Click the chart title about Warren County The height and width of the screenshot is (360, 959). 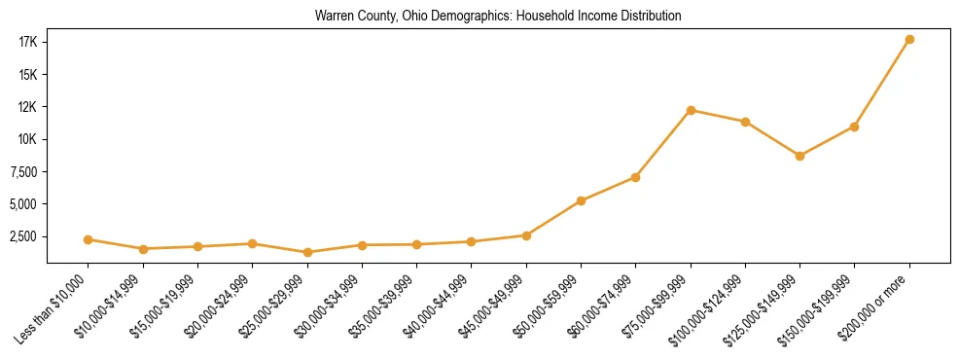click(x=498, y=17)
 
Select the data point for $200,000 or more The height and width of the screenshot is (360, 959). click(x=909, y=40)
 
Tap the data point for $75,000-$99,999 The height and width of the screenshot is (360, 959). click(x=691, y=110)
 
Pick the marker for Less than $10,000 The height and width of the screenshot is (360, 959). click(x=89, y=239)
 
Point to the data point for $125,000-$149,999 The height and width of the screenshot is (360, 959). click(x=799, y=156)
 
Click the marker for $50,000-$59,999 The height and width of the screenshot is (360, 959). click(x=581, y=201)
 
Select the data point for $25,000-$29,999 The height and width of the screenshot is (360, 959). click(x=307, y=252)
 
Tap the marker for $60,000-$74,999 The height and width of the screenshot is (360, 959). click(x=635, y=177)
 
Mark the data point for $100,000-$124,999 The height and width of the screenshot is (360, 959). click(x=745, y=122)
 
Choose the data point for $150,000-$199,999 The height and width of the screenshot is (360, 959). click(x=854, y=126)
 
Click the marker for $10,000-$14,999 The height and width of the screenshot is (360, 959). click(x=143, y=249)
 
